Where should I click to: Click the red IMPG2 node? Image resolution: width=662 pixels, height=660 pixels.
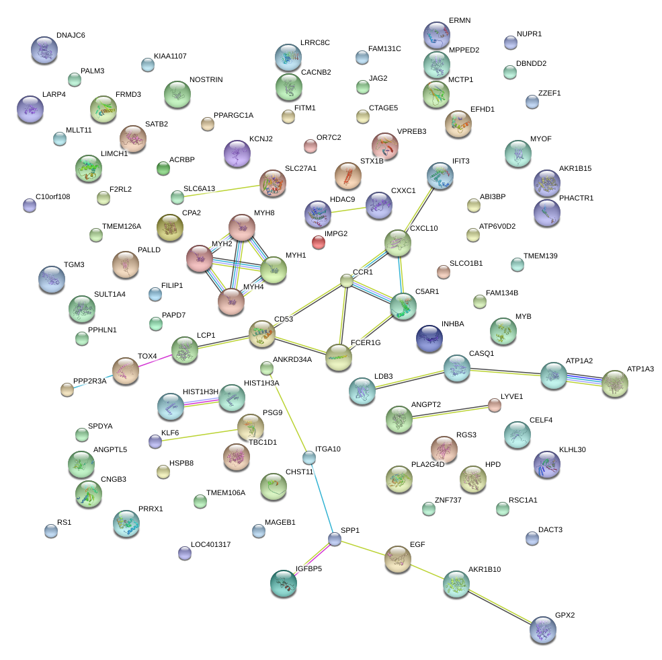point(319,242)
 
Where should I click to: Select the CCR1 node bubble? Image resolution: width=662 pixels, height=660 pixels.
point(346,281)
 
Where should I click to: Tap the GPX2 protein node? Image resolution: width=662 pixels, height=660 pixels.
point(542,629)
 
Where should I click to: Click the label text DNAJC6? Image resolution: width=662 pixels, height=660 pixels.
point(71,35)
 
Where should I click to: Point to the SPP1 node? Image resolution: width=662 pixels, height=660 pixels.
point(335,538)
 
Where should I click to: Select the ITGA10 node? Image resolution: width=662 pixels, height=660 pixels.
point(308,457)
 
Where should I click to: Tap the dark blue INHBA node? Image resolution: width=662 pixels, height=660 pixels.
point(429,338)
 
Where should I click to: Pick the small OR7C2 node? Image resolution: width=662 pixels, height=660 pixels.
point(310,145)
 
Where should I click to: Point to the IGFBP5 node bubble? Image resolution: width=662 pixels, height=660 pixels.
point(284,583)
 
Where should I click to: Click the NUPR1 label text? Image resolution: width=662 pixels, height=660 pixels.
point(529,34)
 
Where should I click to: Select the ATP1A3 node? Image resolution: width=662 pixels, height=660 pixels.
point(614,383)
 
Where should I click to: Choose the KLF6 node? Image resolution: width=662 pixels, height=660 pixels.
point(155,441)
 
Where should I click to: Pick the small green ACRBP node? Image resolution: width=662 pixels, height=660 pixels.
point(163,168)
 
